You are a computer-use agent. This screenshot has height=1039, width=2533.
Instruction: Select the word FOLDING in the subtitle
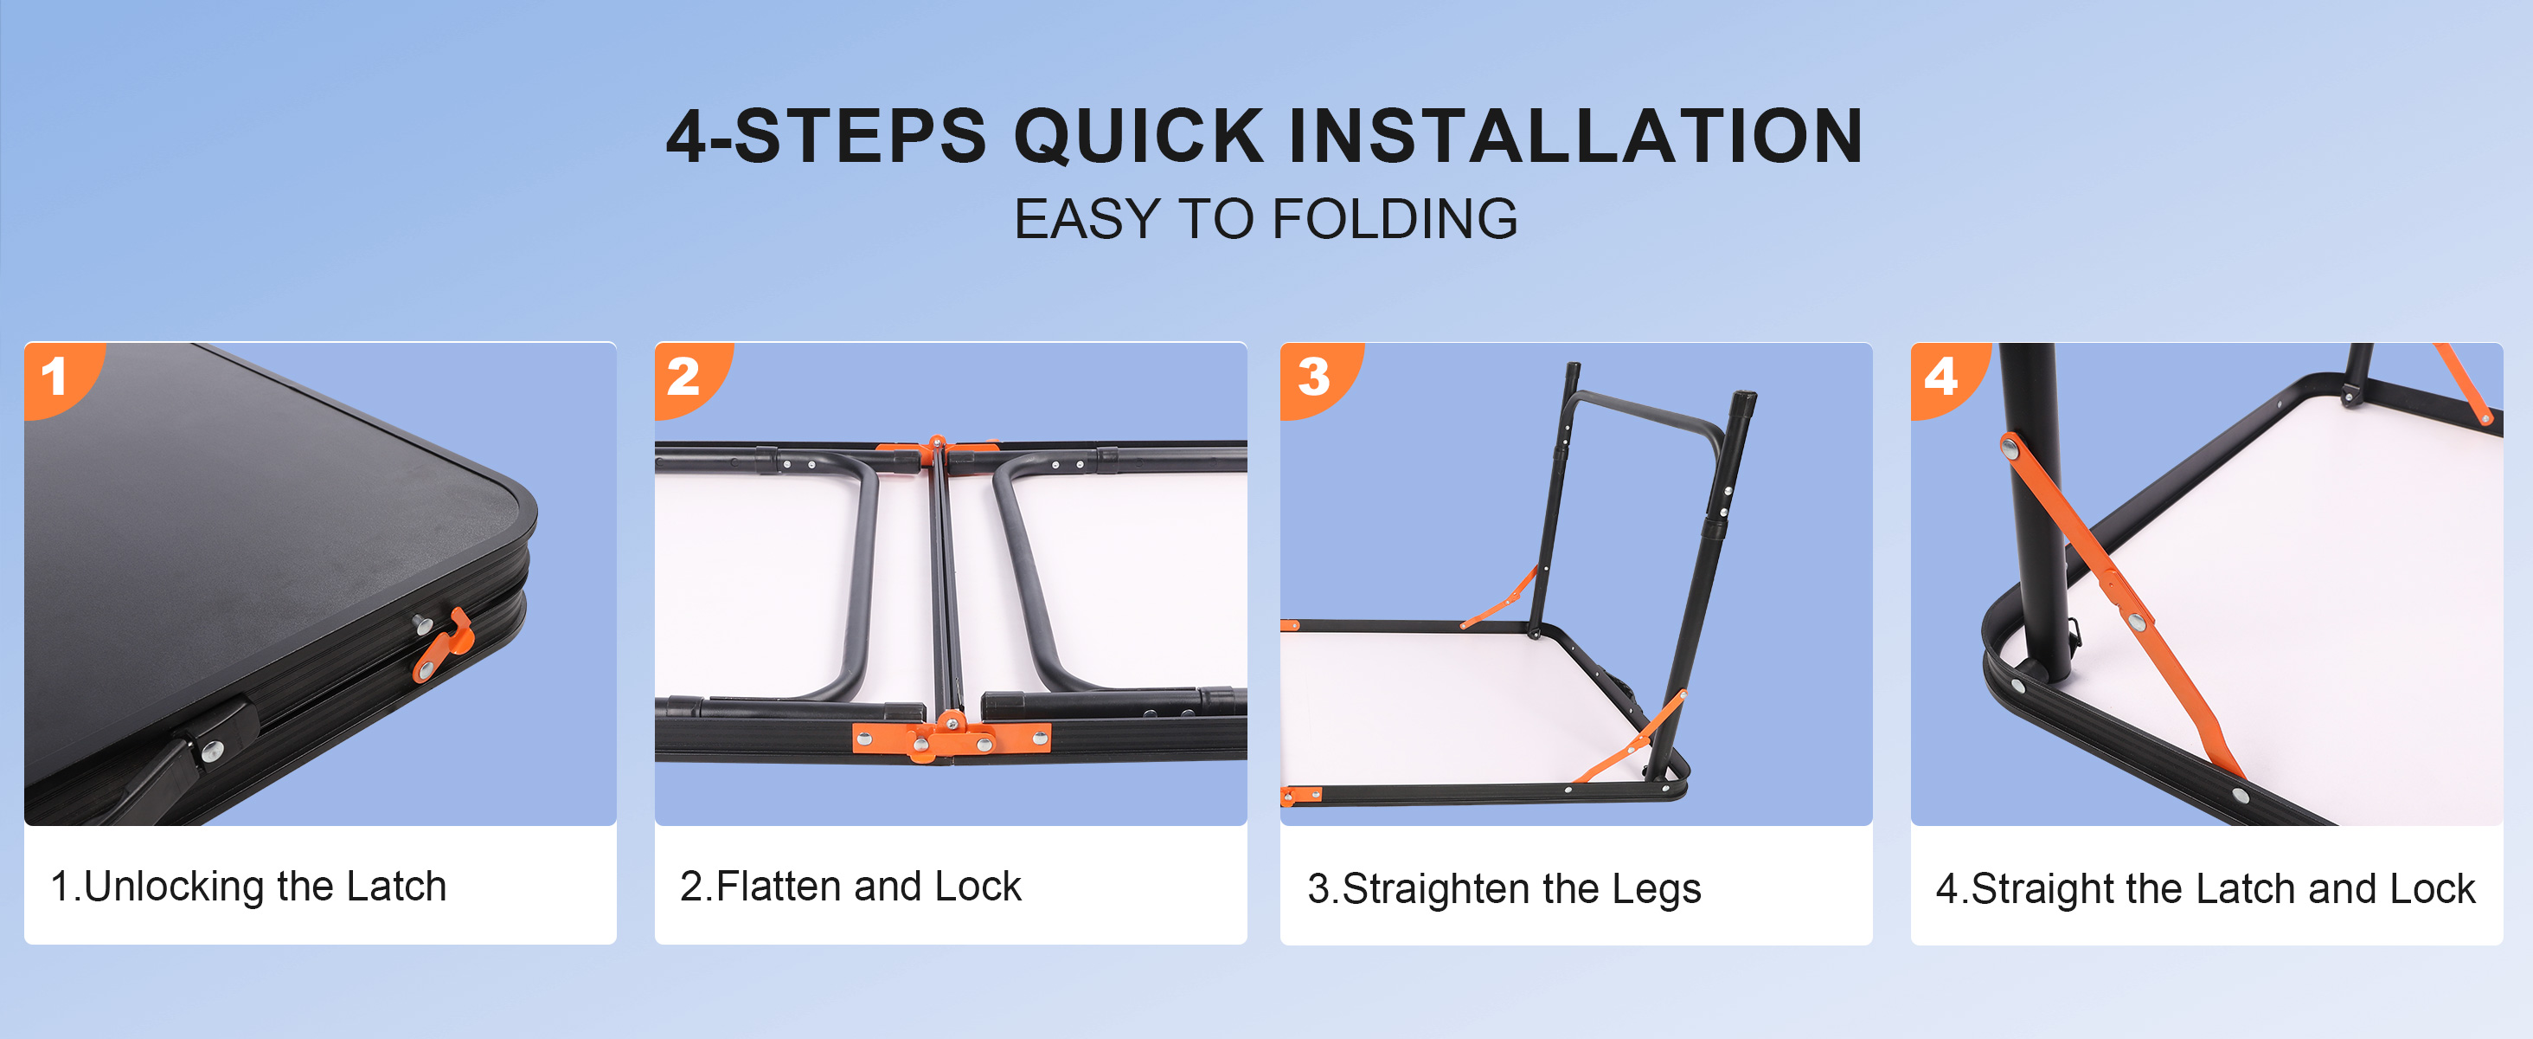point(1395,218)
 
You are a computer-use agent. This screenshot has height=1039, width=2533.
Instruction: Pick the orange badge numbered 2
point(689,378)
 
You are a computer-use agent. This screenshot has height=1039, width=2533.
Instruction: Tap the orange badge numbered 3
point(1317,378)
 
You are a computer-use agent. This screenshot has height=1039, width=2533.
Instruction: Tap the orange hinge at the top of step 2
point(937,453)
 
